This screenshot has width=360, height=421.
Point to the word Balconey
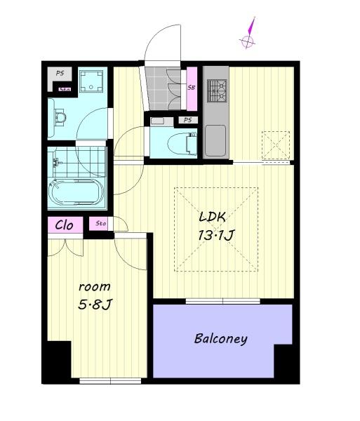click(220, 339)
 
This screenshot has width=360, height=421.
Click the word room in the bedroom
click(94, 287)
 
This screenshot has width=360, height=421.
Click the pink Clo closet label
click(65, 225)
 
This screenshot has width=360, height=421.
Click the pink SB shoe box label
click(192, 88)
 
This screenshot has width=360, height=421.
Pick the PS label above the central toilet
click(186, 121)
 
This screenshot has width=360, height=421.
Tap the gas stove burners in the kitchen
click(217, 89)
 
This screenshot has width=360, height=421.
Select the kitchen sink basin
click(215, 139)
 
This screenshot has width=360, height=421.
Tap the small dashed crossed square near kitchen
click(275, 145)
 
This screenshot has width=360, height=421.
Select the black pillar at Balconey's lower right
click(286, 363)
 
